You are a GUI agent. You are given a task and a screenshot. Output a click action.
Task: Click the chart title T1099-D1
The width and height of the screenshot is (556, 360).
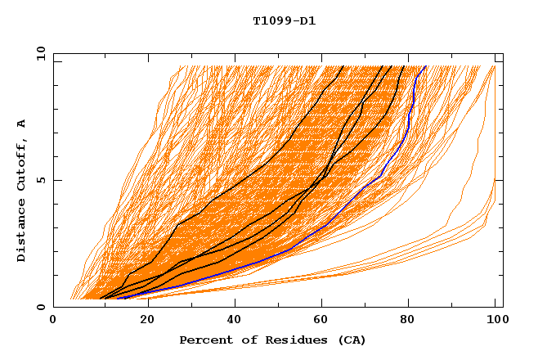click(284, 20)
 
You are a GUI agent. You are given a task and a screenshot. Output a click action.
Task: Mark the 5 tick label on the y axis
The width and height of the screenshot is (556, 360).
click(40, 180)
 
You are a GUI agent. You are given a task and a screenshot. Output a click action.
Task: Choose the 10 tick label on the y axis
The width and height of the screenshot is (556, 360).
click(37, 53)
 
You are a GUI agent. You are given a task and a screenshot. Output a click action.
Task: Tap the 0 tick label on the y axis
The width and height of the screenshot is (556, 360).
click(40, 307)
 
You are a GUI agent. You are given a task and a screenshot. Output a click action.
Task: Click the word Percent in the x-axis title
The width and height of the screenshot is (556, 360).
click(202, 340)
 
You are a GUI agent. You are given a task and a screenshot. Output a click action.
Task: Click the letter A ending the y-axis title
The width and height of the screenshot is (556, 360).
click(21, 124)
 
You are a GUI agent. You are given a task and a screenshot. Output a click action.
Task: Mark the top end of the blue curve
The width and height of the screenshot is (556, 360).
click(425, 66)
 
